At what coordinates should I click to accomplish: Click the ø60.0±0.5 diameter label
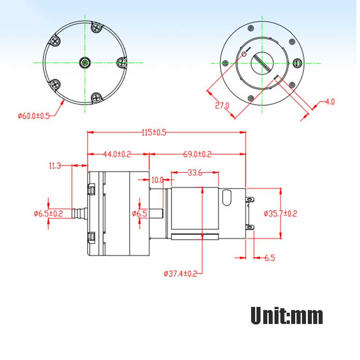click(34, 116)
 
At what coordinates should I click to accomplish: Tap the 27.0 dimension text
click(222, 106)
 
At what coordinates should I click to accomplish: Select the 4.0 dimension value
click(330, 102)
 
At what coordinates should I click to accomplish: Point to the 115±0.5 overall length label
click(154, 132)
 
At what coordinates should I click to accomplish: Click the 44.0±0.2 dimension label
click(117, 154)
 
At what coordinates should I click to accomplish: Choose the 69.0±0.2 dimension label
click(197, 154)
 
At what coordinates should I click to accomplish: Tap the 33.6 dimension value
click(195, 172)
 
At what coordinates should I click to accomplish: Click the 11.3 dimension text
click(55, 166)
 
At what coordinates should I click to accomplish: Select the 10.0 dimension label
click(157, 180)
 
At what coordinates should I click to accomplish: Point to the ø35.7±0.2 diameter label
click(280, 214)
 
